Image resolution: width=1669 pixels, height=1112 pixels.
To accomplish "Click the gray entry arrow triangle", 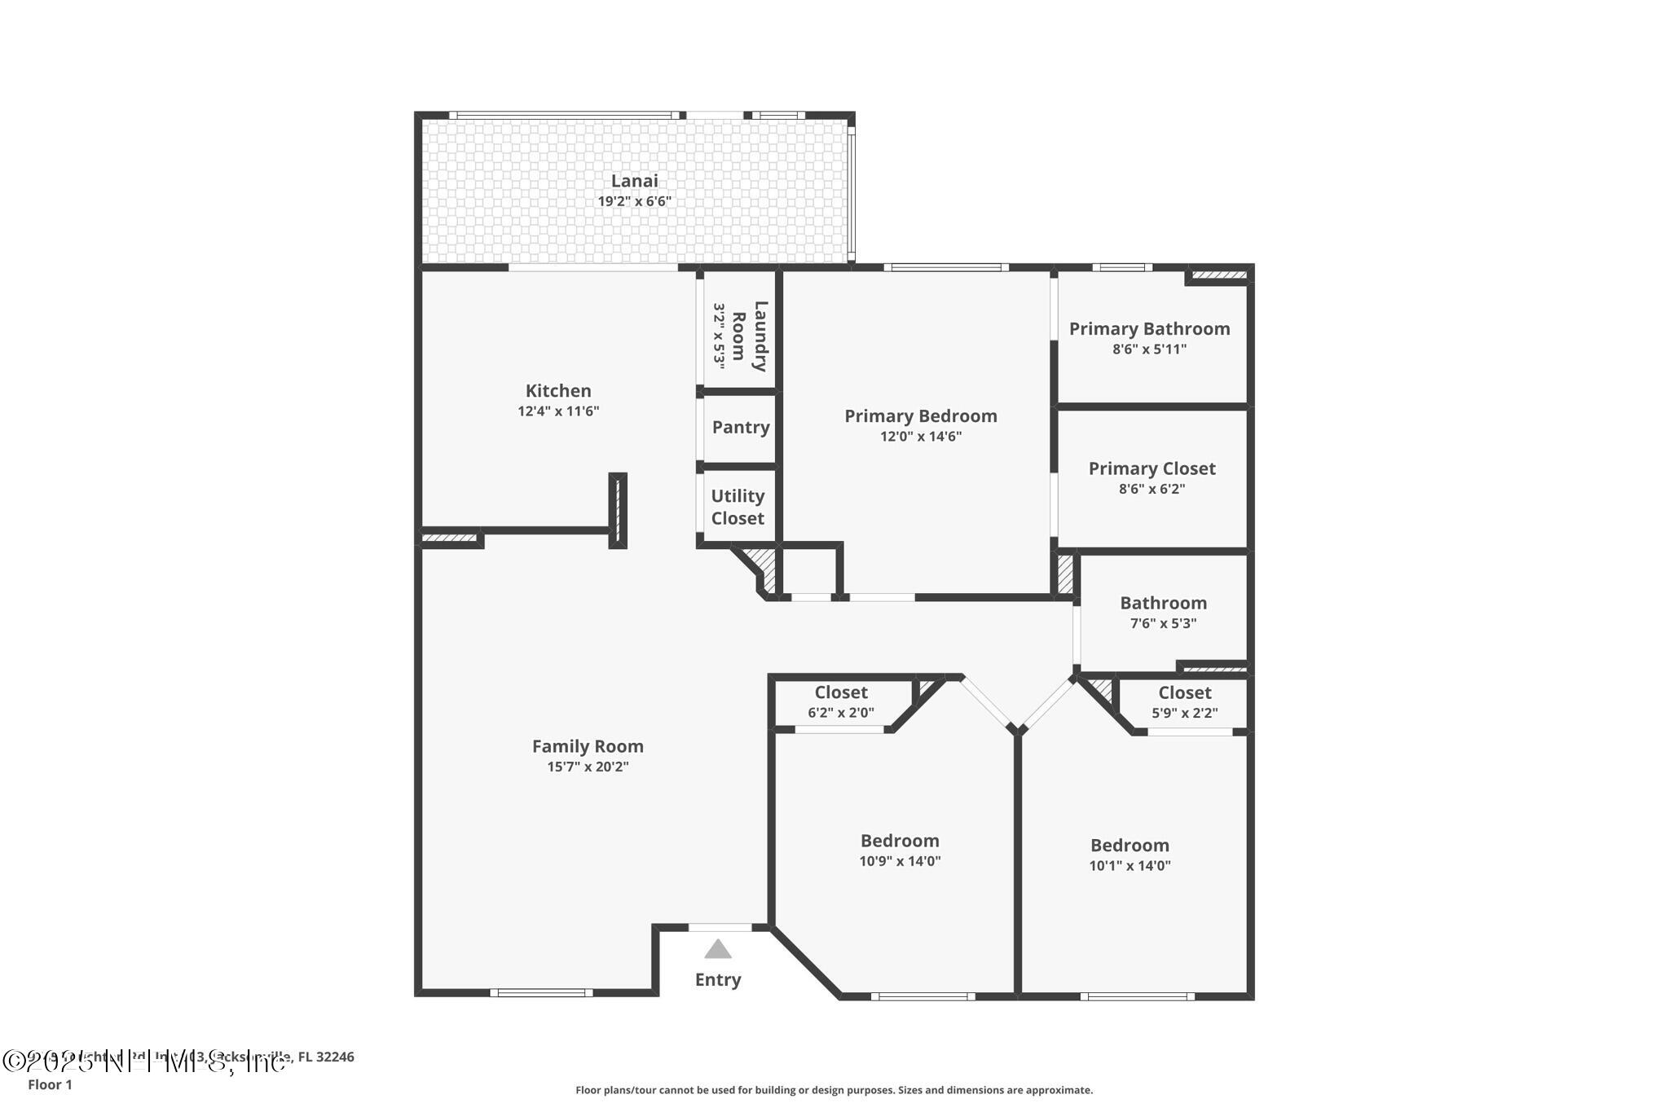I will click(x=717, y=949).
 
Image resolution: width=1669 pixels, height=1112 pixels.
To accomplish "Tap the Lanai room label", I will click(x=634, y=181).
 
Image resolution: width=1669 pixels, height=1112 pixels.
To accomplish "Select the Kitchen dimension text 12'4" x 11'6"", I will click(x=558, y=411).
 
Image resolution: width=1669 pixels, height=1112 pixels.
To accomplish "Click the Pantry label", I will click(x=740, y=427).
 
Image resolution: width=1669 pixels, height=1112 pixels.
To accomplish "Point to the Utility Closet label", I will click(x=738, y=507).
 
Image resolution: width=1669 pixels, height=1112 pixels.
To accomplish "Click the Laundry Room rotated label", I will click(x=749, y=336).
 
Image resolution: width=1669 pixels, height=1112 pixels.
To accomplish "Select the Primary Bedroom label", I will click(x=920, y=416).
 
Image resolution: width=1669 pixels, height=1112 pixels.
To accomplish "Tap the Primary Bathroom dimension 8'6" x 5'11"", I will click(x=1149, y=349).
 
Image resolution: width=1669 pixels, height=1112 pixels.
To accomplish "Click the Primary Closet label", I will click(x=1152, y=468).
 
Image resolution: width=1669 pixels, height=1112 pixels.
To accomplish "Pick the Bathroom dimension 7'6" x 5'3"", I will click(x=1163, y=624).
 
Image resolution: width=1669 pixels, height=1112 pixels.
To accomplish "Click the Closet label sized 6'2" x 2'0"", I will click(x=841, y=692).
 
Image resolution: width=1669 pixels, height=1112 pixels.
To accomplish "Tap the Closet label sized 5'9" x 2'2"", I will click(x=1184, y=693).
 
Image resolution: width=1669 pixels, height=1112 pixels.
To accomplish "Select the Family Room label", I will click(x=588, y=746).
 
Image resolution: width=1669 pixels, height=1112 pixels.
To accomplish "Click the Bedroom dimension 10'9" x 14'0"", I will click(x=900, y=861).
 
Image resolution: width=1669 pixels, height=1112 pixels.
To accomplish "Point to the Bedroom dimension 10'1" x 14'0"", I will click(x=1130, y=866).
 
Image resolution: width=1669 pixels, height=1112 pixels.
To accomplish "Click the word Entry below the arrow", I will click(x=717, y=980).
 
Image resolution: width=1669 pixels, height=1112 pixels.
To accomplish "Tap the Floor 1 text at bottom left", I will click(x=50, y=1085).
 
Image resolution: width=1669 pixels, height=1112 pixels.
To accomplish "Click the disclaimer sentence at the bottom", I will click(x=834, y=1090).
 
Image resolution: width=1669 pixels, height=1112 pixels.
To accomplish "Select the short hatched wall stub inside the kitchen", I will click(x=618, y=510).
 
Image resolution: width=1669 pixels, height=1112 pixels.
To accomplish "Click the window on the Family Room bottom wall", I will click(x=541, y=992).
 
